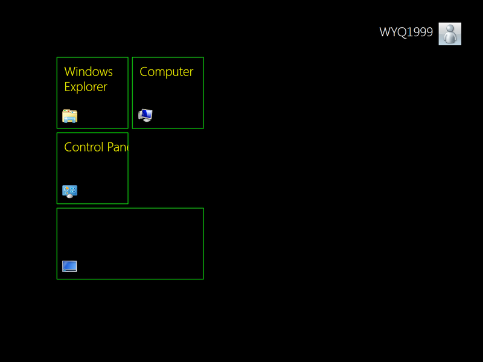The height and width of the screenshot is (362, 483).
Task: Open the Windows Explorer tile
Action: [x=92, y=93]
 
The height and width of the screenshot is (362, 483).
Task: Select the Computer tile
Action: [x=168, y=93]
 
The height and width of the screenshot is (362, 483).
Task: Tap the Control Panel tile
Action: [x=92, y=168]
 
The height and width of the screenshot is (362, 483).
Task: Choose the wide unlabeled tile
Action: [x=130, y=244]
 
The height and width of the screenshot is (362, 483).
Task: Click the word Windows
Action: [x=88, y=72]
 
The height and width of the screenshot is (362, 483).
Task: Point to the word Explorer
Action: [x=86, y=87]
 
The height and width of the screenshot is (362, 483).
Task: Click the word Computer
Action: [x=166, y=72]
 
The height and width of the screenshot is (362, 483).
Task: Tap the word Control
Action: [x=83, y=147]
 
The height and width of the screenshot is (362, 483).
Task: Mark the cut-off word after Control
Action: [x=117, y=147]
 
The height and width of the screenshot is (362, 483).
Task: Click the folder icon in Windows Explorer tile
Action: [x=70, y=116]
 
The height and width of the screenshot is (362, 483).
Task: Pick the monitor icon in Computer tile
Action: [x=146, y=115]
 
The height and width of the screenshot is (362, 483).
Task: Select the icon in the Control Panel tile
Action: [x=70, y=192]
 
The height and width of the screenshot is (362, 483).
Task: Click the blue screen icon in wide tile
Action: [x=69, y=266]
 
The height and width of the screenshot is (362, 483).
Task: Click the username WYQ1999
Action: [x=406, y=33]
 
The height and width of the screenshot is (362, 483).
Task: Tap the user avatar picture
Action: [x=450, y=34]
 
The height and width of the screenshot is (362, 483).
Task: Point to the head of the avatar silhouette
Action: [x=450, y=29]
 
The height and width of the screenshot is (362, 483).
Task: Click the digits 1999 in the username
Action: [x=420, y=33]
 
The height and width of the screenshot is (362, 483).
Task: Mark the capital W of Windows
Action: [x=69, y=72]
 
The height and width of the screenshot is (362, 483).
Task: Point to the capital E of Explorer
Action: [x=68, y=87]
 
